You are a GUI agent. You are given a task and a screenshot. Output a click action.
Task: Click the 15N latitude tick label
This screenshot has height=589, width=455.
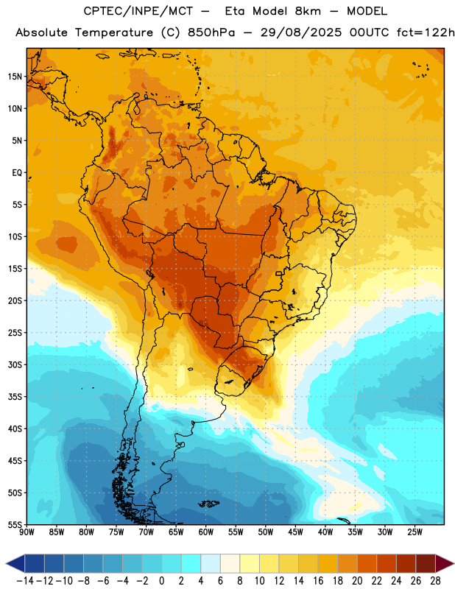(x=15, y=77)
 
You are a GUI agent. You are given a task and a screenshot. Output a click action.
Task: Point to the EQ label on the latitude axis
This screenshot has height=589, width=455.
(x=17, y=173)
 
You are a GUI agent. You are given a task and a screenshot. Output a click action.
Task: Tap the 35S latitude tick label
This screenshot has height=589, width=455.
(x=15, y=397)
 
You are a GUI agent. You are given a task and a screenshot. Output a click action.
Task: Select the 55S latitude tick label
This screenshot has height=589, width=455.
(x=15, y=524)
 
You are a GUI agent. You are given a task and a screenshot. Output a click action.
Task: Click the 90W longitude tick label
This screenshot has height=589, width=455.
(x=27, y=532)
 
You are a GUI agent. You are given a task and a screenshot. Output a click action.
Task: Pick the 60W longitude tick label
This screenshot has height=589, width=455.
(x=206, y=532)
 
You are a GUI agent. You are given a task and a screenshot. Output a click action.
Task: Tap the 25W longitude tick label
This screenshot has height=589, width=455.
(x=415, y=532)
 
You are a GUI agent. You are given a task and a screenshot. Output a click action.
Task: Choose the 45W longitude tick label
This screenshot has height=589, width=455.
(x=295, y=532)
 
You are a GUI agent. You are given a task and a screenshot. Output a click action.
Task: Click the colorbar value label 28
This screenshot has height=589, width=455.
(x=435, y=581)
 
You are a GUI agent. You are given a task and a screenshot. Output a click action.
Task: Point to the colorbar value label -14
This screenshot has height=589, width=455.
(x=25, y=581)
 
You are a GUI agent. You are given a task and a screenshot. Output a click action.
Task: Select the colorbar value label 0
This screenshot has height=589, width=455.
(x=161, y=581)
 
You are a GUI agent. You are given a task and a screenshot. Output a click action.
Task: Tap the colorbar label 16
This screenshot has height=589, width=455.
(x=318, y=581)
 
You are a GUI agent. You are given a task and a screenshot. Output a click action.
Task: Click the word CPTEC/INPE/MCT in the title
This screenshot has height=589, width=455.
(x=138, y=11)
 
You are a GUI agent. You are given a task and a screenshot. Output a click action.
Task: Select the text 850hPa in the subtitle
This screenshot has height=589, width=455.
(x=211, y=32)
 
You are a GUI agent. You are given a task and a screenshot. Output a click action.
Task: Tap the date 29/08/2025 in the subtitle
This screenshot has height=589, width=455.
(x=301, y=32)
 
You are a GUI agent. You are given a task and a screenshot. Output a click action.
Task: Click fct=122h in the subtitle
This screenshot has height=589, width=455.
(x=426, y=32)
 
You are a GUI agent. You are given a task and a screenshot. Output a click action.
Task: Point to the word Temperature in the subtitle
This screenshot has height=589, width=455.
(x=114, y=32)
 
